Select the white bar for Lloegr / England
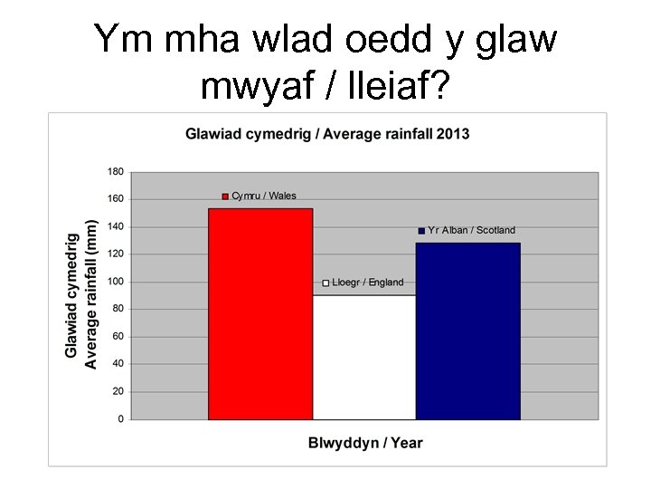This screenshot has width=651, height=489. [x=364, y=357]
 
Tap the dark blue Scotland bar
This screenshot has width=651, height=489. [x=467, y=331]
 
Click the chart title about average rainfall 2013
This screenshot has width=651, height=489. [x=327, y=134]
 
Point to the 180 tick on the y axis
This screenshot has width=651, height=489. [x=116, y=171]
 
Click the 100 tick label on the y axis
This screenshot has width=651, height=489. [x=116, y=282]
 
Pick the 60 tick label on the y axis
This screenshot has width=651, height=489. [x=118, y=337]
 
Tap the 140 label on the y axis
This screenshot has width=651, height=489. [x=116, y=226]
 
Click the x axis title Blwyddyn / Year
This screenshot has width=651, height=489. [x=364, y=443]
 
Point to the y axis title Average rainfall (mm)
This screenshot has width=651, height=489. [x=90, y=294]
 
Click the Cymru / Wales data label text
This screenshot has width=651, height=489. [x=264, y=196]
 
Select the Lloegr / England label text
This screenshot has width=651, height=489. [x=368, y=283]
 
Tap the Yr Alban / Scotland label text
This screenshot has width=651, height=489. [x=471, y=230]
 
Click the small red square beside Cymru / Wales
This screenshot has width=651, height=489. [x=225, y=197]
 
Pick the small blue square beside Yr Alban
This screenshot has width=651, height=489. [x=421, y=231]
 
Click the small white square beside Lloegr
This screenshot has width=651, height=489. [x=326, y=283]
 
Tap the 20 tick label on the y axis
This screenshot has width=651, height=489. [x=118, y=392]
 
